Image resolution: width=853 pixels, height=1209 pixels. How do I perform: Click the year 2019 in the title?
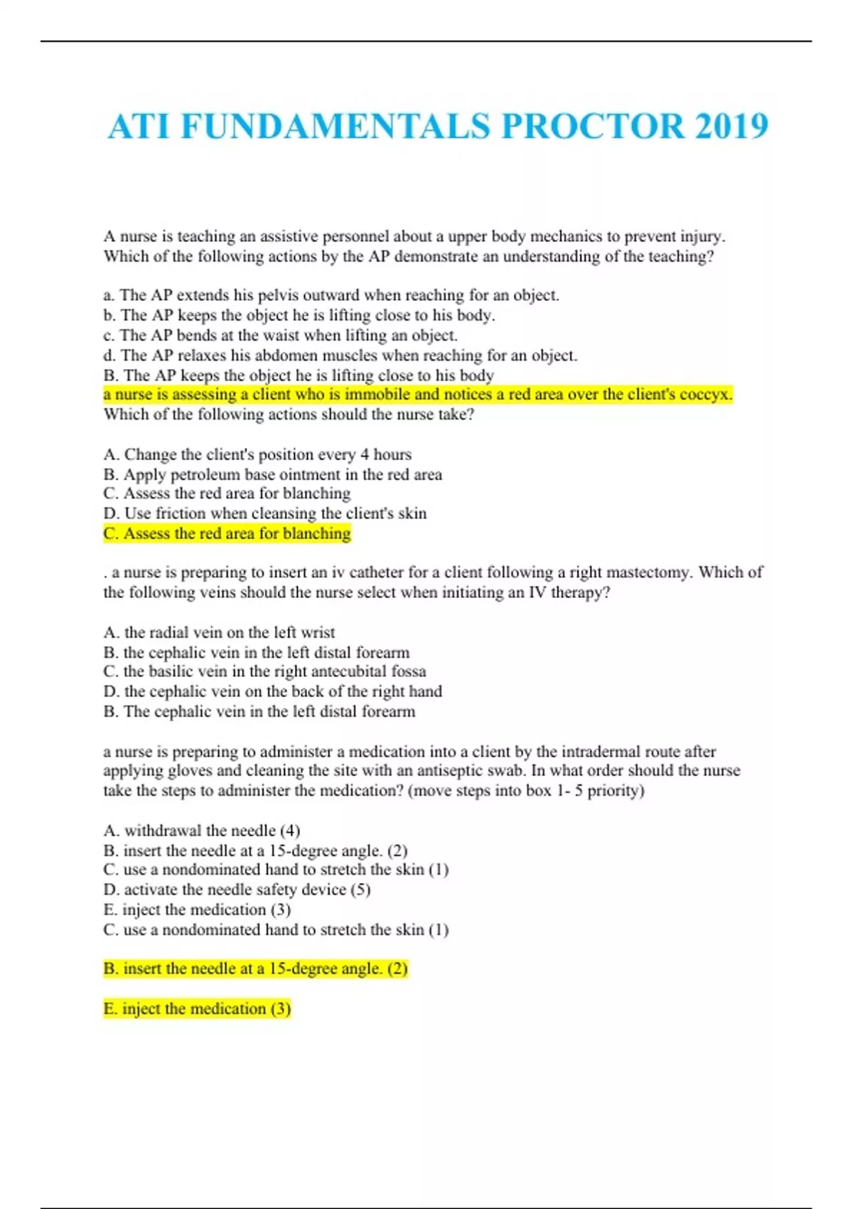[731, 127]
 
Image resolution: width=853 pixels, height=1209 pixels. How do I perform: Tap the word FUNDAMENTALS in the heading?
[336, 127]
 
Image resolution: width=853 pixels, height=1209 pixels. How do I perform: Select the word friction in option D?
[198, 513]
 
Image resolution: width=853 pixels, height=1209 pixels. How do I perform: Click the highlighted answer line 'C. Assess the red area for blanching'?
[227, 533]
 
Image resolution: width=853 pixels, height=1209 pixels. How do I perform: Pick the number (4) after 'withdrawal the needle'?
[290, 831]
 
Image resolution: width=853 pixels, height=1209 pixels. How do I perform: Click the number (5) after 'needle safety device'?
[360, 890]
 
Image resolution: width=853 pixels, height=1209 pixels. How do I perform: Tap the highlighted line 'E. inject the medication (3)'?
[198, 1008]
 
